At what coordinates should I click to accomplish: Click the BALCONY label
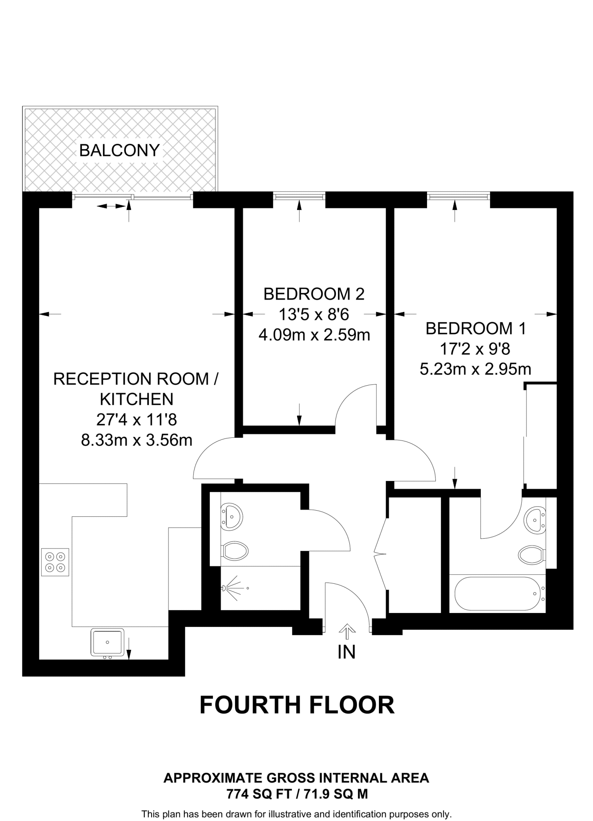click(x=119, y=150)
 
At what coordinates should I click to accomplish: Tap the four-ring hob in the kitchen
click(x=55, y=562)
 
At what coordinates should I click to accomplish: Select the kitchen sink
click(x=107, y=642)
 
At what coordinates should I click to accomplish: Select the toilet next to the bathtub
click(x=531, y=555)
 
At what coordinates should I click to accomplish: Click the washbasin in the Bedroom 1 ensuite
click(x=535, y=520)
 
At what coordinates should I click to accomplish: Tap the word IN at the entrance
click(x=346, y=652)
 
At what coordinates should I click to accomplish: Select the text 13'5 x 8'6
click(x=314, y=315)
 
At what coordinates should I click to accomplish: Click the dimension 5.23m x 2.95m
click(x=475, y=369)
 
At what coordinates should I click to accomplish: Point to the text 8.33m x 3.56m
click(x=137, y=440)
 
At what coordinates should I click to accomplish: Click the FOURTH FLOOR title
click(x=297, y=705)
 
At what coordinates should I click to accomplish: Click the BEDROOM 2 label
click(x=314, y=294)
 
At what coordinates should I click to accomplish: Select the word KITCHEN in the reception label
click(x=137, y=399)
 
